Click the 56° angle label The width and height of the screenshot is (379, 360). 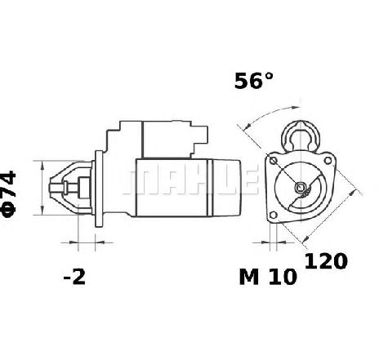coord(253,81)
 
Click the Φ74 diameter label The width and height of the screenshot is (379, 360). coord(8,194)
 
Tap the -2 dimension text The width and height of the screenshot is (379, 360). coord(74,277)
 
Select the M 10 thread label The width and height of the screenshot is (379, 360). coord(268,277)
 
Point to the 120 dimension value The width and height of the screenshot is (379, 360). coord(326,261)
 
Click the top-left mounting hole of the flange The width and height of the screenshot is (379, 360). coord(273,161)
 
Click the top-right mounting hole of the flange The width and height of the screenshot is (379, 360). coord(328,160)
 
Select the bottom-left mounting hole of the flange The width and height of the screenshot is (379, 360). coord(273,216)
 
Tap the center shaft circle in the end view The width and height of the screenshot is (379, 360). coord(301,187)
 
